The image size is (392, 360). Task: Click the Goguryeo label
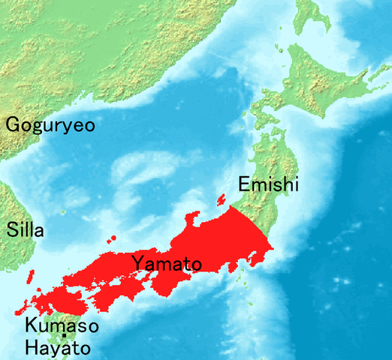coord(50,124)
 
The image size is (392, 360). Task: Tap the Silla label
coord(26,230)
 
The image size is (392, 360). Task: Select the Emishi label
coord(268,184)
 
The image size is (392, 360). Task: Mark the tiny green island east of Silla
coord(65,212)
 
